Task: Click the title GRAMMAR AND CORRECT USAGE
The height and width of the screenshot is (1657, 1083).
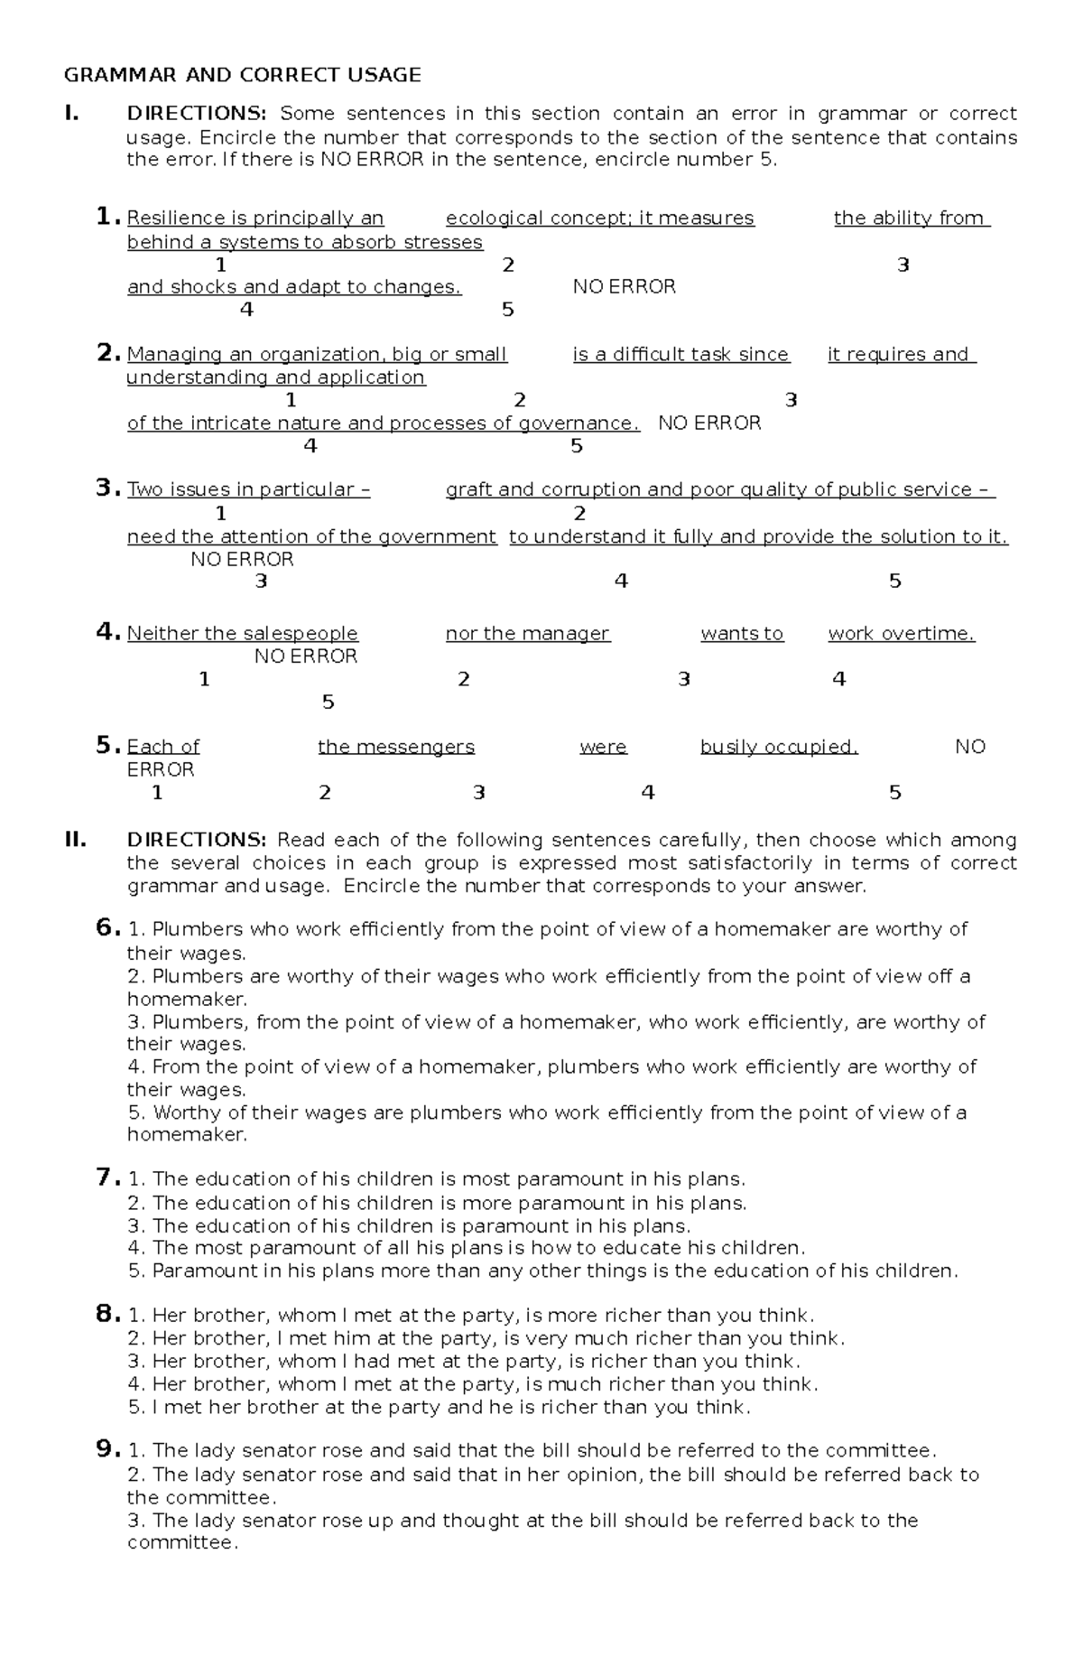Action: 242,75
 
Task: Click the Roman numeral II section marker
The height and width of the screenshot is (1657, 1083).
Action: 75,840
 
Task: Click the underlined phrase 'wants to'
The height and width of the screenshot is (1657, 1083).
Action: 742,634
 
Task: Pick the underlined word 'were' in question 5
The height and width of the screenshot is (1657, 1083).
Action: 603,747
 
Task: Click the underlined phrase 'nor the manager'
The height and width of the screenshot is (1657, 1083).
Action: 528,634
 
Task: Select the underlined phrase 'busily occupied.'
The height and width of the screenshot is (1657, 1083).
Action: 779,747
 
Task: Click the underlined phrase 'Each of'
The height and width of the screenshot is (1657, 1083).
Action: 162,747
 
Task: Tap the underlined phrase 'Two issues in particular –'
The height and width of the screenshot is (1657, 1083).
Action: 248,489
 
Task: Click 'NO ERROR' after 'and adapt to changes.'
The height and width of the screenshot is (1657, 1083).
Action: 624,287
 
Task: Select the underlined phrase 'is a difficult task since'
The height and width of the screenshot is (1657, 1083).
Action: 681,355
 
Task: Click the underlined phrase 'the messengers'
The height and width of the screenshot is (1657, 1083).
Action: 395,747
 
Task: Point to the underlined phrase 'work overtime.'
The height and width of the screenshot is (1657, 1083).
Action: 902,634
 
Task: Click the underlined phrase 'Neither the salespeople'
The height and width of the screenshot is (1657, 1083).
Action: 242,634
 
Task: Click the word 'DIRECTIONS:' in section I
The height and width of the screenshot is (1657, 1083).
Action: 197,114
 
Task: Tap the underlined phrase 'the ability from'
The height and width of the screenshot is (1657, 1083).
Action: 912,219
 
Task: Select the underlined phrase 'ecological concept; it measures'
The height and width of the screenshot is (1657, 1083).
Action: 599,219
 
